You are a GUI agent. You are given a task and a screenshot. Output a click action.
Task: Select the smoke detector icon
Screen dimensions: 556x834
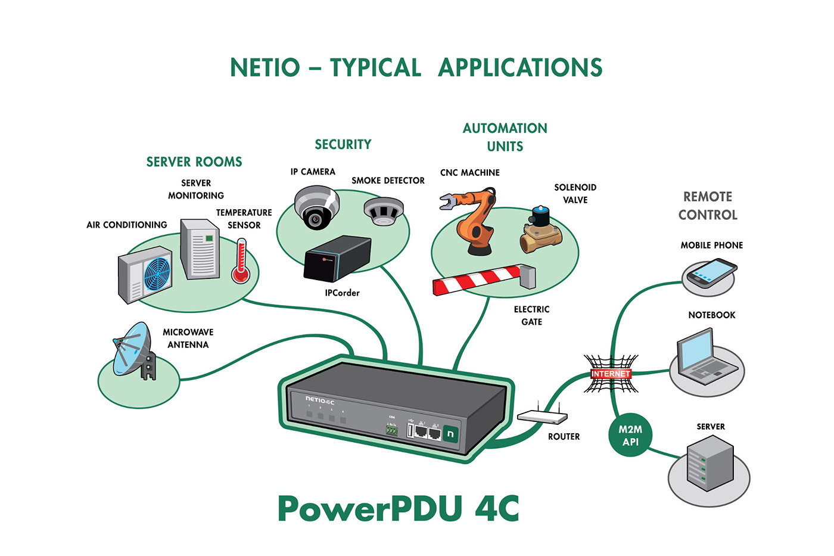(x=384, y=211)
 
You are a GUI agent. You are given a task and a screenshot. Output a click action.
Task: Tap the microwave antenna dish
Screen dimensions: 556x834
(x=129, y=348)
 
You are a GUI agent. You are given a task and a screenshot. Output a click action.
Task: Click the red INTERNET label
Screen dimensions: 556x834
(x=611, y=374)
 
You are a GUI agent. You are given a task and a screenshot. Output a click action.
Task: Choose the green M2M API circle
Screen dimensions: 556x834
(x=630, y=436)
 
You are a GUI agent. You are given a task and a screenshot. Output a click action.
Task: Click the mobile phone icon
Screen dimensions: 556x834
(x=711, y=274)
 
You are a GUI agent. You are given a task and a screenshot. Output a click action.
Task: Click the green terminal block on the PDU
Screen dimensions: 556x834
(x=391, y=430)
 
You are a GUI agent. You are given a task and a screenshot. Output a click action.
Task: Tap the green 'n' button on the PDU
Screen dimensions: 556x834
(x=450, y=434)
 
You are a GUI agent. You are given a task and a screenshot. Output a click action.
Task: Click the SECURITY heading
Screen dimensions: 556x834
(x=343, y=144)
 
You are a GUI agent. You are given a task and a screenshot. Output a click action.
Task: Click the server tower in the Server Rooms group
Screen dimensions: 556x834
(x=200, y=249)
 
